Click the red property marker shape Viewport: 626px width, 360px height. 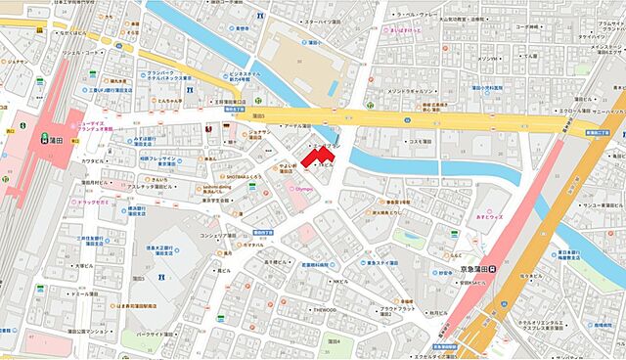click(x=315, y=155)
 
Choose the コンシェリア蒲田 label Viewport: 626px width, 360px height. click(x=223, y=234)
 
